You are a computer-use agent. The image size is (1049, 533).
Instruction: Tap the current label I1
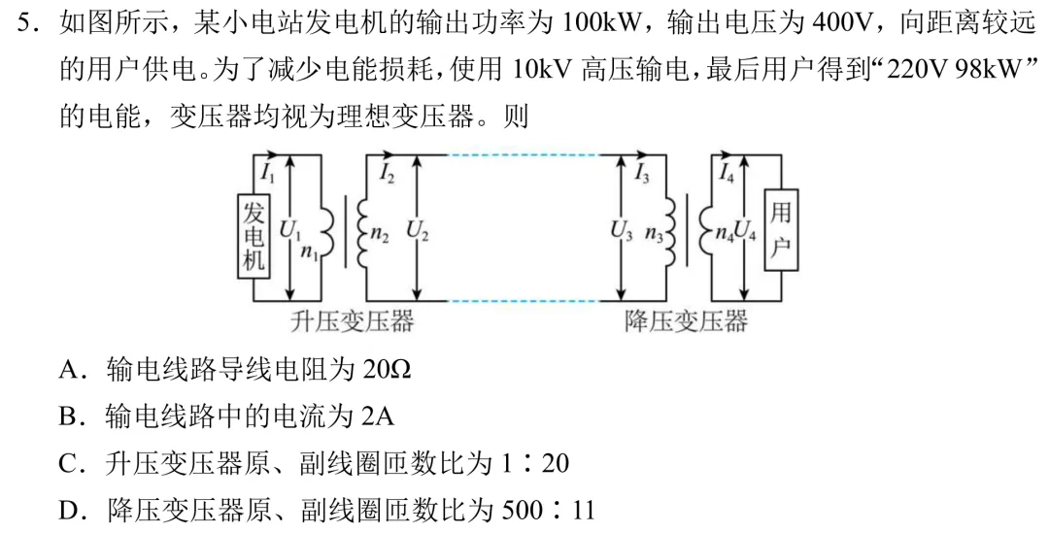point(268,174)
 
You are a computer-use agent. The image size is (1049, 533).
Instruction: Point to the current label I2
point(386,174)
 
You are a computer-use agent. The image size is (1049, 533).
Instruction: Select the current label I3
point(642,174)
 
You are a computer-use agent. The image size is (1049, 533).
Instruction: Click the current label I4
point(727,174)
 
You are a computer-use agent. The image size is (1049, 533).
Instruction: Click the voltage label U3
point(620,231)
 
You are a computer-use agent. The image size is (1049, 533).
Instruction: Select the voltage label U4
point(746,231)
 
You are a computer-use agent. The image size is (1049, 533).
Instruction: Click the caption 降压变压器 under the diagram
point(686,321)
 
